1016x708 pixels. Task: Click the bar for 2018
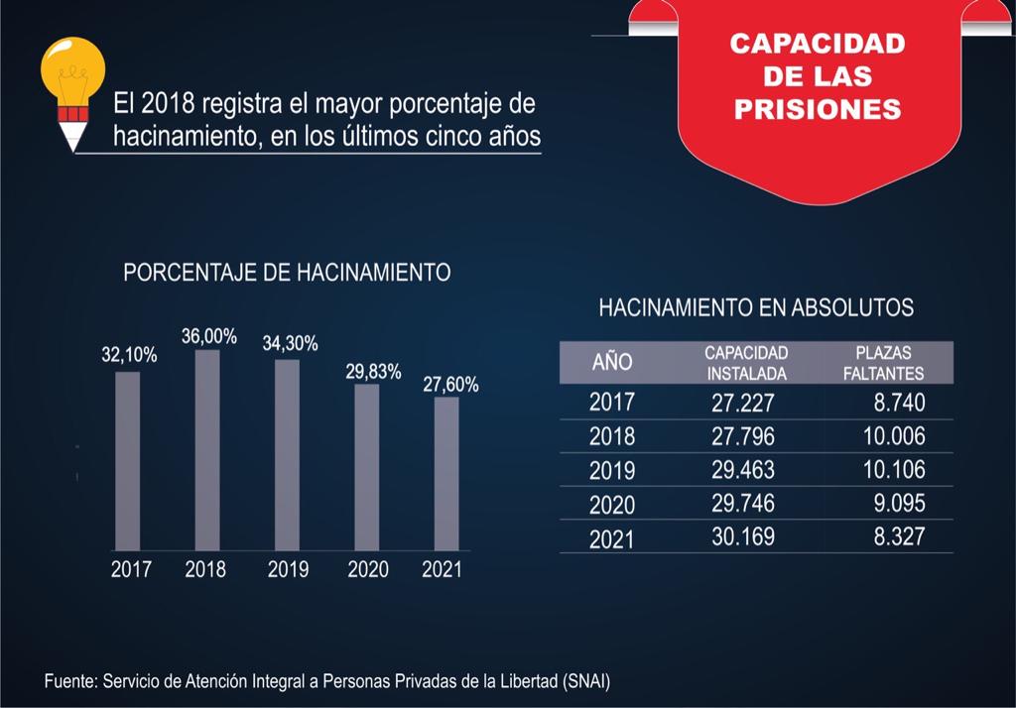coord(207,450)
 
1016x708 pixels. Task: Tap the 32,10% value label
coord(129,355)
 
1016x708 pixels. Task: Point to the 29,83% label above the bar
coord(373,372)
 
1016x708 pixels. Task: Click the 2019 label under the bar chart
coord(288,570)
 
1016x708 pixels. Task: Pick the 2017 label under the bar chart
coord(131,570)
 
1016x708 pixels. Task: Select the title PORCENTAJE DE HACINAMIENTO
coord(287,273)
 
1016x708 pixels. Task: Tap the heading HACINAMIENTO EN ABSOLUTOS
coord(756,307)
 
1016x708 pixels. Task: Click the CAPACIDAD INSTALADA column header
coord(746,363)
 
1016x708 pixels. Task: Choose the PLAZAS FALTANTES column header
coord(889,363)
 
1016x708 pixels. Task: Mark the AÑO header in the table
coord(612,362)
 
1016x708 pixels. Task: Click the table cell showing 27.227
coord(742,403)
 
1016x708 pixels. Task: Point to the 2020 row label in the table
coord(612,505)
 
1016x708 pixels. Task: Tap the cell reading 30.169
coord(742,537)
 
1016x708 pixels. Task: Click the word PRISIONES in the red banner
coord(818,109)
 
